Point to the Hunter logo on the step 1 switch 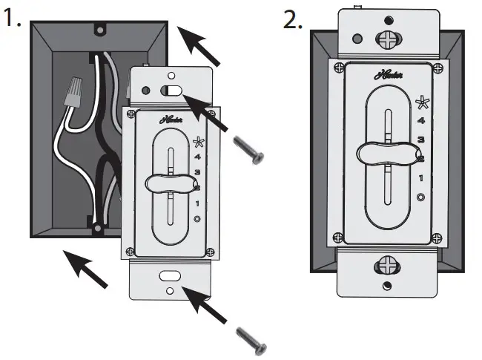click(x=171, y=118)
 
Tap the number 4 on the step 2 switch click(x=420, y=120)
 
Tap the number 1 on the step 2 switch click(x=420, y=177)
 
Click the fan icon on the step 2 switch click(x=421, y=102)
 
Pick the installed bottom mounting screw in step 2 click(x=386, y=264)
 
